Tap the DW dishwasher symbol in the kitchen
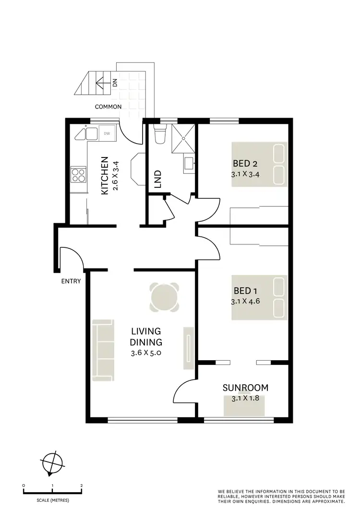pyautogui.click(x=107, y=134)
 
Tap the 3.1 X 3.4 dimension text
pyautogui.click(x=246, y=174)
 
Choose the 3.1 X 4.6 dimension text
pyautogui.click(x=246, y=302)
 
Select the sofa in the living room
pyautogui.click(x=103, y=348)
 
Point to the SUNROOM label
pyautogui.click(x=245, y=388)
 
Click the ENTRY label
pyautogui.click(x=71, y=281)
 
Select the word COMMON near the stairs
pyautogui.click(x=108, y=107)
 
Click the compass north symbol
pyautogui.click(x=52, y=463)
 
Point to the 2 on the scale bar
pyautogui.click(x=82, y=486)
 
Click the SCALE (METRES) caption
pyautogui.click(x=53, y=500)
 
